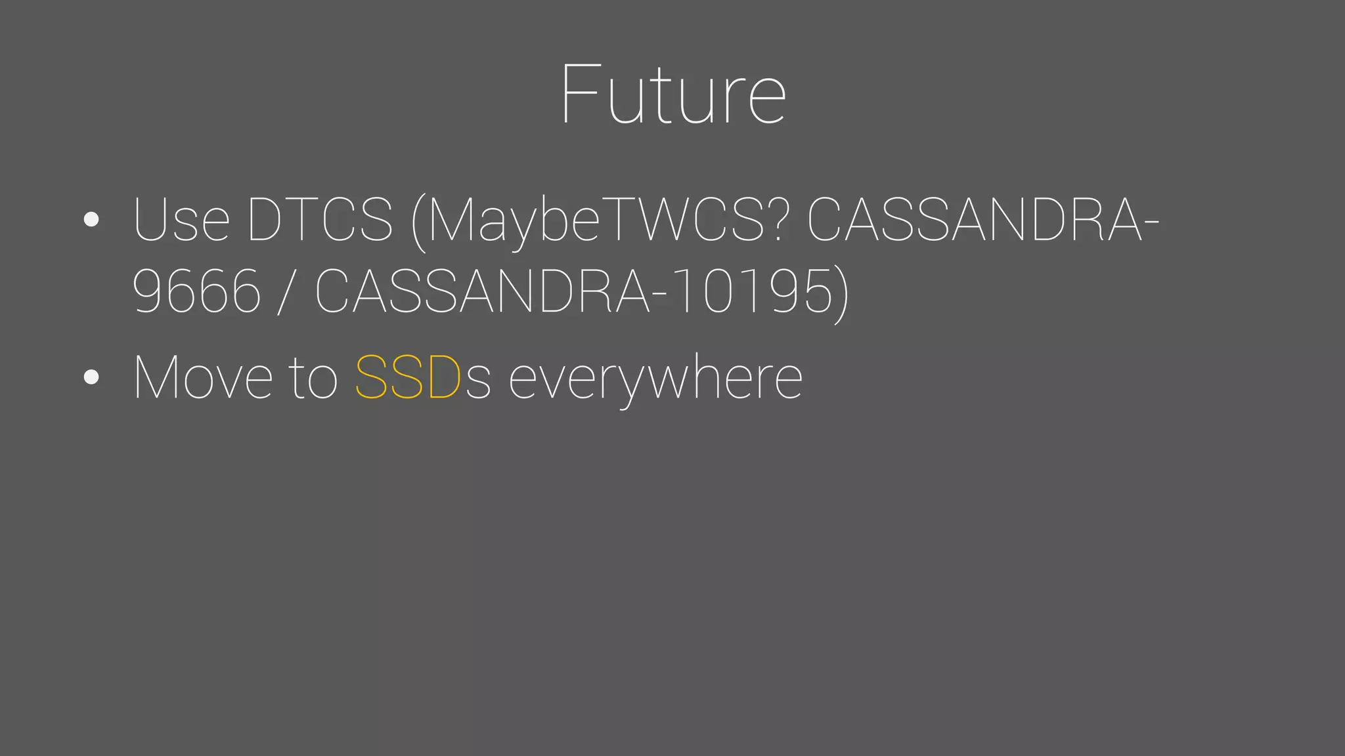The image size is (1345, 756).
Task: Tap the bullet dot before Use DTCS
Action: coord(92,220)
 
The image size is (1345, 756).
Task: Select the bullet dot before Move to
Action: coord(92,377)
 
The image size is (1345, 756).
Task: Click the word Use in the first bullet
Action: coord(181,220)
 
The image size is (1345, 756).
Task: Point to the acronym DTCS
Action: coord(320,220)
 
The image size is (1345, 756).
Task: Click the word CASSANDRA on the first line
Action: coord(974,220)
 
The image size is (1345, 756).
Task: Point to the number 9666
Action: coord(196,291)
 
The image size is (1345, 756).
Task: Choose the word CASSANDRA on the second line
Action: coord(482,291)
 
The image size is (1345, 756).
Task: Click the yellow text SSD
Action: coord(407,377)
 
